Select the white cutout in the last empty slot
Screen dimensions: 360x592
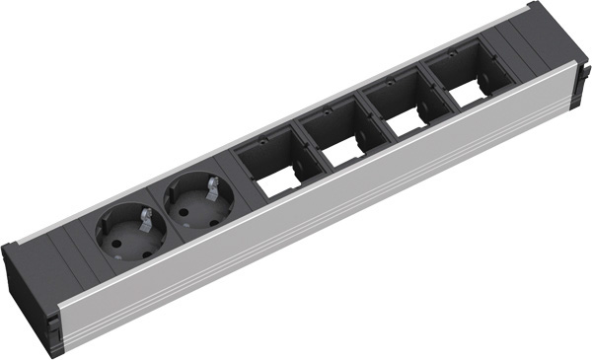coord(465,100)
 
